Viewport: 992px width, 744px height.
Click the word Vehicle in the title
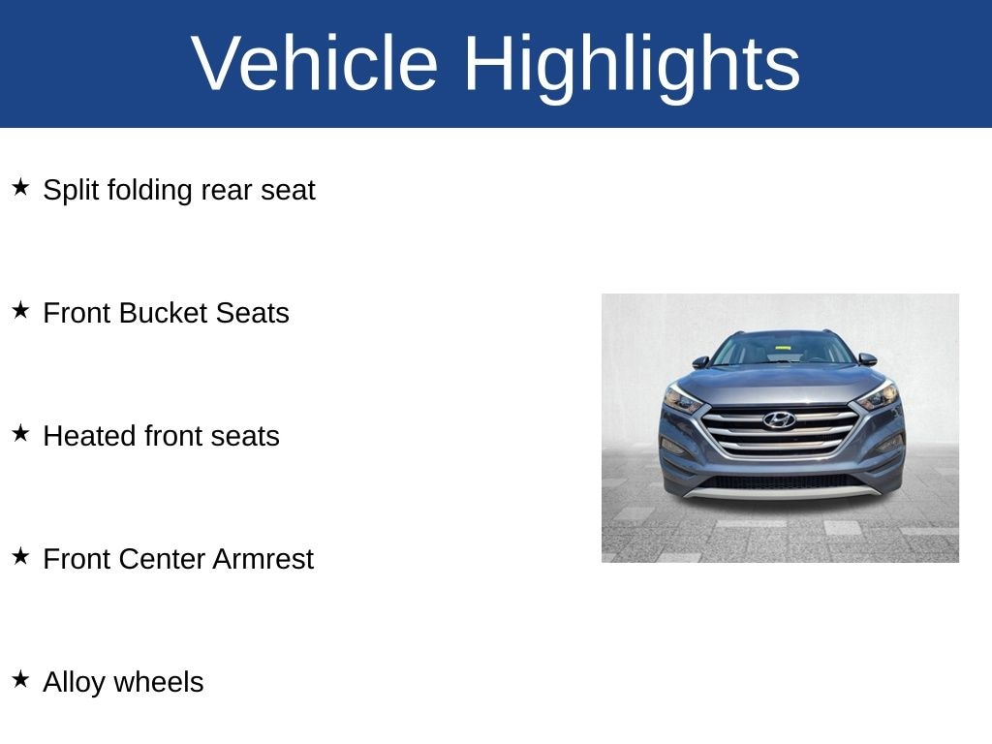[315, 63]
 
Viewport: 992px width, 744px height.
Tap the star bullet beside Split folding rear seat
[20, 187]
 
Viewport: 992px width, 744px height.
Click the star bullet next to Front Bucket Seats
[20, 310]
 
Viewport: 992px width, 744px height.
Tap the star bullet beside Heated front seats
[20, 433]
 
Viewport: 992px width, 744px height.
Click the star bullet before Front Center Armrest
[20, 556]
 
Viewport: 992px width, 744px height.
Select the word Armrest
[263, 559]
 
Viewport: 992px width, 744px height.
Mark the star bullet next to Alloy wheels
[20, 679]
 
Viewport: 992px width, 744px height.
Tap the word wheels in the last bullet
[159, 682]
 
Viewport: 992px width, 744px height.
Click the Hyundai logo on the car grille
[779, 419]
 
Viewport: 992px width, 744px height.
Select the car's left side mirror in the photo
[700, 362]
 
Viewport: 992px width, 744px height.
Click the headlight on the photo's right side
[878, 396]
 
